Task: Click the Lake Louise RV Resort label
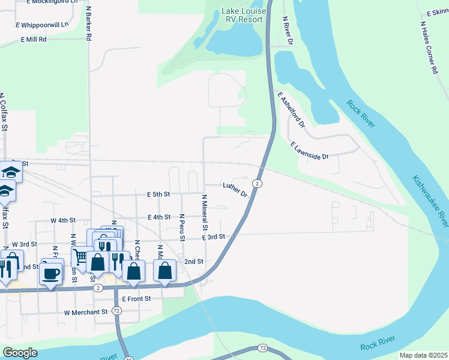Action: point(243,15)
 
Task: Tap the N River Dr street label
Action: point(288,31)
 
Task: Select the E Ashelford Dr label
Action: point(292,110)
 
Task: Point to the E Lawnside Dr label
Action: point(310,151)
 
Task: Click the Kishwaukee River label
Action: point(430,200)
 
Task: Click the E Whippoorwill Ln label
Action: point(43,25)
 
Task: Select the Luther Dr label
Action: point(235,190)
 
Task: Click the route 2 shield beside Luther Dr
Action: point(257,183)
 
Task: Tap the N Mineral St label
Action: point(204,212)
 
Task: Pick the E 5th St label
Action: point(158,194)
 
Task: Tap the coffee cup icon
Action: point(50,274)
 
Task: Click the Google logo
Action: point(20,353)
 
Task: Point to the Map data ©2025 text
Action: point(423,355)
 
